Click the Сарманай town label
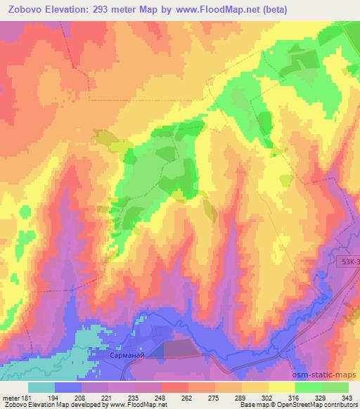coord(127,356)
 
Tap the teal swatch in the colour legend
coord(41,387)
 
